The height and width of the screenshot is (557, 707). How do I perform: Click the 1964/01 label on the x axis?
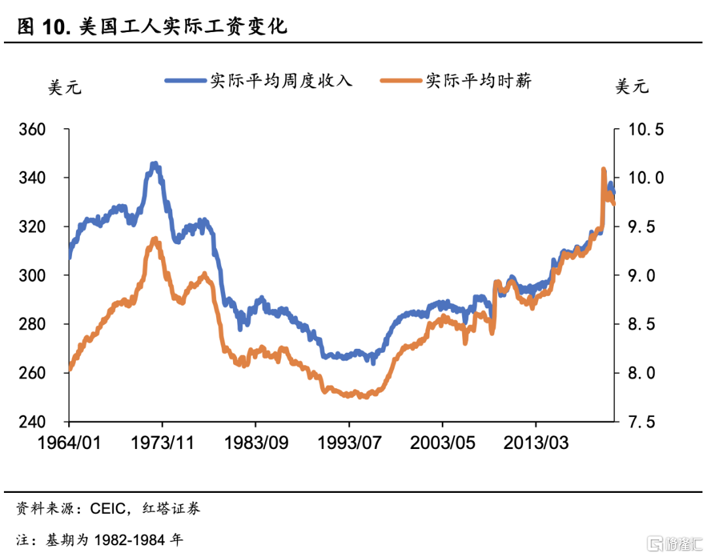tap(68, 443)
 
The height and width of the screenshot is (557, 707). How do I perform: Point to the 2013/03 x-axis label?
tap(535, 443)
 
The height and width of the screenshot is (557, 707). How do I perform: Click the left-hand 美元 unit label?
tap(65, 87)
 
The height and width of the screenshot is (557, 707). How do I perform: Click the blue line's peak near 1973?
tap(154, 164)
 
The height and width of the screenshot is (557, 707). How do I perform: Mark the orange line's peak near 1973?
tap(155, 240)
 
